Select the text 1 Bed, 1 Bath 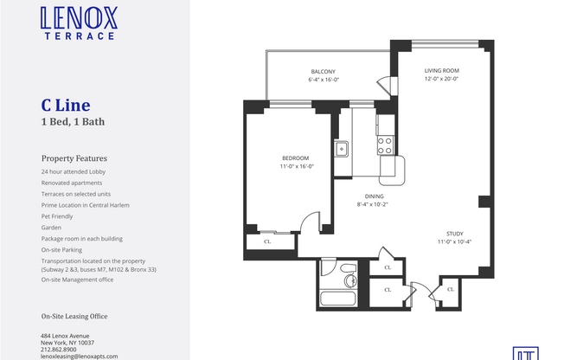tap(73, 122)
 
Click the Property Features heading tap(74, 159)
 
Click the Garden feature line tap(52, 227)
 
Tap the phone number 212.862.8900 tap(64, 350)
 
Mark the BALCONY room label tap(323, 71)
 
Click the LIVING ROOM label tap(441, 70)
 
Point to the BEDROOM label tap(295, 157)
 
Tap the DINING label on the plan tap(374, 196)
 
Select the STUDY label tap(454, 233)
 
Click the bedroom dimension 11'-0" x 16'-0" tap(296, 166)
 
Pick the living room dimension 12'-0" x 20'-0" tap(441, 79)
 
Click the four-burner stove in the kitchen tap(386, 144)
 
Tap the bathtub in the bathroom tap(344, 299)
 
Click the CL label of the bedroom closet tap(266, 241)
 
